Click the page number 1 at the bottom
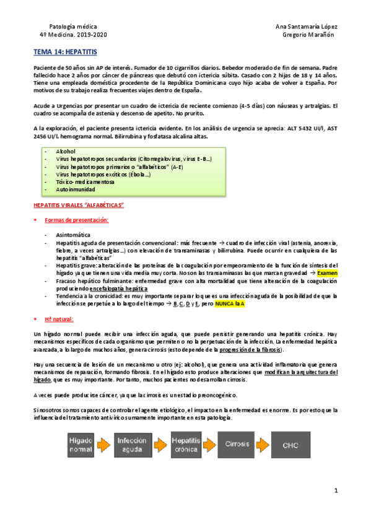tap(335, 490)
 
